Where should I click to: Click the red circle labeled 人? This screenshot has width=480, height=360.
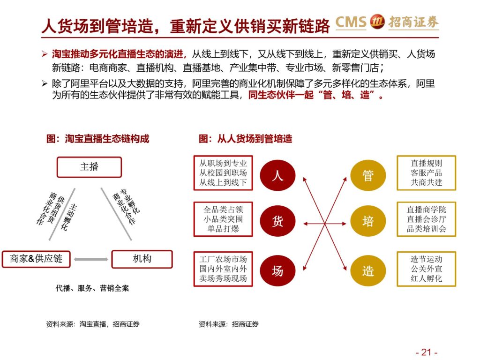[x=277, y=175]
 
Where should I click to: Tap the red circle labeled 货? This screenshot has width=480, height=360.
[x=277, y=221]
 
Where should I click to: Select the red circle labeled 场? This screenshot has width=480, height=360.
[x=277, y=270]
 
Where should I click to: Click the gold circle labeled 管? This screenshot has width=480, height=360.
[x=368, y=175]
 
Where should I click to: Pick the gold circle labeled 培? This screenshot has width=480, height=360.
[x=368, y=221]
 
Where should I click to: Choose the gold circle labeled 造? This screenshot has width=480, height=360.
[x=368, y=270]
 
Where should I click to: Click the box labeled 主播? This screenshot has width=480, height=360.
[x=89, y=167]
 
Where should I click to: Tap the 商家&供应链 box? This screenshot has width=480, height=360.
[x=36, y=259]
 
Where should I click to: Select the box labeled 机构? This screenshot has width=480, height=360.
[x=142, y=259]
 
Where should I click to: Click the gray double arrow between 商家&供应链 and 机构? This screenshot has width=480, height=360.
[x=91, y=259]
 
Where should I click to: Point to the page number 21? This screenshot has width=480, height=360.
[x=427, y=352]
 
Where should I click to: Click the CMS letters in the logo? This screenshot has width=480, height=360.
[x=351, y=22]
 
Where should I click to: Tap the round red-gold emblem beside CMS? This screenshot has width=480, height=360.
[x=377, y=22]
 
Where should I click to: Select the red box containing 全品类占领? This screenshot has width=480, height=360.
[x=223, y=219]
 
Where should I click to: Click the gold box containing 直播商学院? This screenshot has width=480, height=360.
[x=427, y=219]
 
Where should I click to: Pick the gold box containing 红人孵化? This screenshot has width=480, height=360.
[x=427, y=269]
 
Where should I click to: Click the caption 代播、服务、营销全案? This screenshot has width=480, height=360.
[x=92, y=288]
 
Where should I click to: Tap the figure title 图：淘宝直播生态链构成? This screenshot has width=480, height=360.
[x=97, y=139]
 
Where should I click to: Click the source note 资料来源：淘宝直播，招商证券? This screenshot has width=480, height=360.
[x=93, y=324]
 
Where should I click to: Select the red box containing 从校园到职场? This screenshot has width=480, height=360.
[x=223, y=173]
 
